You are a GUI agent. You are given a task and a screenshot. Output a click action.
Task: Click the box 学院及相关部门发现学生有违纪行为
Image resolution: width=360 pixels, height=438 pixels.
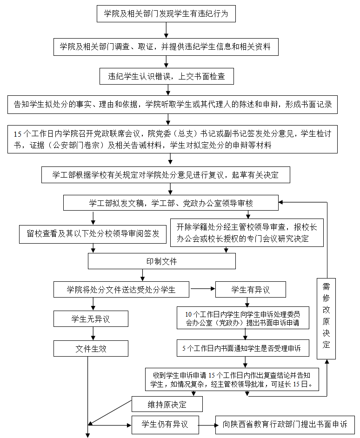click(x=166, y=13)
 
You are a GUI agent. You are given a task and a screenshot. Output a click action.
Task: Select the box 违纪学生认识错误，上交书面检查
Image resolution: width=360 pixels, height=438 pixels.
click(x=167, y=77)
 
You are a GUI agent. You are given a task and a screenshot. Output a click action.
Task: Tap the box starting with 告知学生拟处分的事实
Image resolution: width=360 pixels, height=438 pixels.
click(x=173, y=105)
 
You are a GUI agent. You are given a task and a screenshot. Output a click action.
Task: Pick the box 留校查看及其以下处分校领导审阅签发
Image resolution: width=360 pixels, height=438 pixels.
click(x=93, y=234)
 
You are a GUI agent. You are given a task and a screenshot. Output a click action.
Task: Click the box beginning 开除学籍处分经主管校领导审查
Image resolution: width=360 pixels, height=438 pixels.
click(x=247, y=233)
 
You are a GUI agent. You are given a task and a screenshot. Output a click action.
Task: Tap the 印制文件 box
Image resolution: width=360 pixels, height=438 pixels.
click(x=161, y=261)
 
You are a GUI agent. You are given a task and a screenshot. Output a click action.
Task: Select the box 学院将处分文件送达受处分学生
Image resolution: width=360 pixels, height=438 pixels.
click(x=121, y=289)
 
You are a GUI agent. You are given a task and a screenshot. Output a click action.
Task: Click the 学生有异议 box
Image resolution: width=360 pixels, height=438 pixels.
click(x=250, y=290)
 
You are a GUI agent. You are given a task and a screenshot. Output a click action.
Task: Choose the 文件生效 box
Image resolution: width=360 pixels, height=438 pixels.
click(x=91, y=348)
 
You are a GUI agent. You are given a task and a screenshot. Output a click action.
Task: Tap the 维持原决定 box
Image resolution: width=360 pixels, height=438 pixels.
click(x=167, y=404)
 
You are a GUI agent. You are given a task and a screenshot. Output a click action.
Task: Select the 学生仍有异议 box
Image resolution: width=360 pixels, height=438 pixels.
click(x=165, y=424)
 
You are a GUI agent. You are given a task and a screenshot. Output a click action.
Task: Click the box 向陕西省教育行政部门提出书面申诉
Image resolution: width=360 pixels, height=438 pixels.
click(x=285, y=424)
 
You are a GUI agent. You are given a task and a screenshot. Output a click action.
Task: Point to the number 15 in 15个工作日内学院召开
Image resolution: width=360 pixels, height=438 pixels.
click(x=18, y=134)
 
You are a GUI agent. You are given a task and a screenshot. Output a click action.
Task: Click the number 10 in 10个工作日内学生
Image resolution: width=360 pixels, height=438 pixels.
click(x=188, y=313)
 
